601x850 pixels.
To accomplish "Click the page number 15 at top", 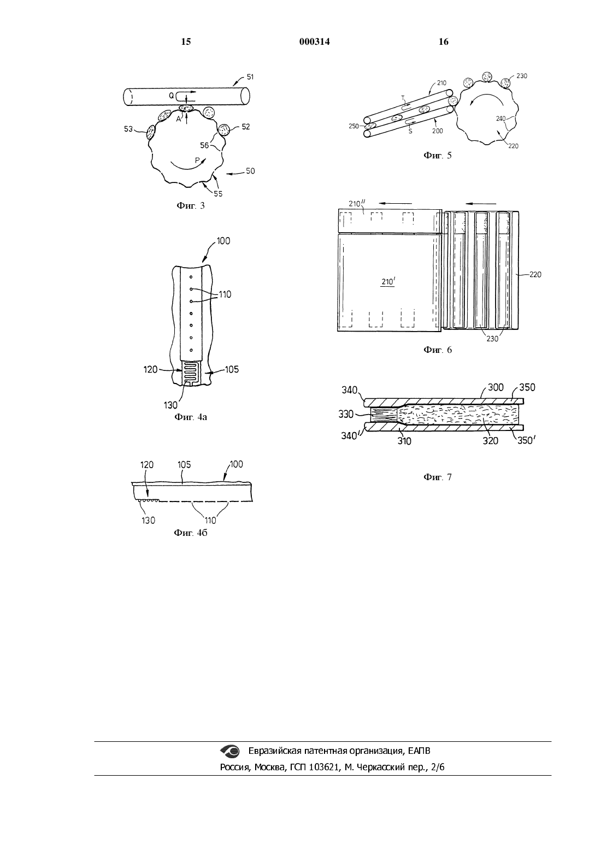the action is (186, 42).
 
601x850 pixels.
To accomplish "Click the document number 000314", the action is (314, 42).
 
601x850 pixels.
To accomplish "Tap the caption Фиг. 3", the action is (191, 205).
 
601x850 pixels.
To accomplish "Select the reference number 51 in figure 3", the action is (250, 76).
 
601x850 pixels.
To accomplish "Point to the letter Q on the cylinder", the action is (172, 96).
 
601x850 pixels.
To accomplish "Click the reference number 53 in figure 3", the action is (128, 129).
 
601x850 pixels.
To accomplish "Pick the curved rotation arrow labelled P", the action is (187, 164).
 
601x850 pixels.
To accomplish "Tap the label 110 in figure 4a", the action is (225, 294).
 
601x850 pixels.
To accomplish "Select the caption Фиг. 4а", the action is (191, 417).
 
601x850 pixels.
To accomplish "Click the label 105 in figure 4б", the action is (184, 464).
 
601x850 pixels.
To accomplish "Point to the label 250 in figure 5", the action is (353, 126).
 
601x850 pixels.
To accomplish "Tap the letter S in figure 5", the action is (410, 132).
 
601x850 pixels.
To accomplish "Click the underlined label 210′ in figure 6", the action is (388, 282).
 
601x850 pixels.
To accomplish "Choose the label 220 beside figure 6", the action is (535, 274).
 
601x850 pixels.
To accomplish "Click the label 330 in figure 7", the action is (346, 414).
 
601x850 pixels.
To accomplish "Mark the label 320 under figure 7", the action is (490, 441).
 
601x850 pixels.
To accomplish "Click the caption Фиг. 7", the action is (438, 477).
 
